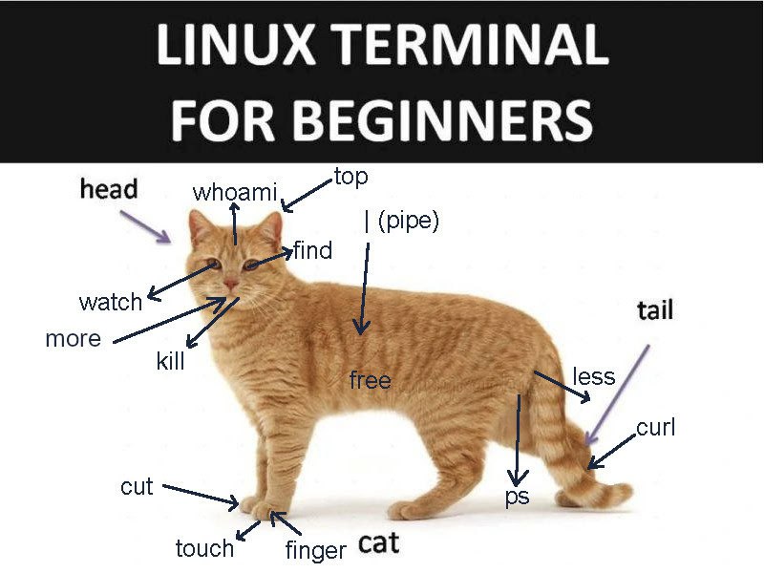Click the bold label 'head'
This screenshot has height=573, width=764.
click(109, 189)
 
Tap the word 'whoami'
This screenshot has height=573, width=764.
click(235, 193)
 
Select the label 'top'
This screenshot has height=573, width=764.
click(350, 177)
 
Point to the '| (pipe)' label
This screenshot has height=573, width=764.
click(401, 221)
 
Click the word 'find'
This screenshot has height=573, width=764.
click(313, 250)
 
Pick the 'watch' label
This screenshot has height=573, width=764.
click(111, 302)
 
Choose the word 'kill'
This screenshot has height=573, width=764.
click(171, 361)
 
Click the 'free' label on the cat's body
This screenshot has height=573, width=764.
click(371, 380)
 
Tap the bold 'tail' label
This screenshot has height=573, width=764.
click(655, 309)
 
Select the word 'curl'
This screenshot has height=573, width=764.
click(656, 427)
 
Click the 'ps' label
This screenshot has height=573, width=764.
click(517, 497)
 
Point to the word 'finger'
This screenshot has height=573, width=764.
click(316, 550)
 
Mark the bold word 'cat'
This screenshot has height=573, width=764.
click(378, 542)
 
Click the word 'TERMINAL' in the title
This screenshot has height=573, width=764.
click(472, 44)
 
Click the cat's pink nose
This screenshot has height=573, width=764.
click(231, 284)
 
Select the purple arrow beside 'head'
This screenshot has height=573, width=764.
click(146, 226)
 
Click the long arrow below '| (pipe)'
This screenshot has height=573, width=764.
click(364, 288)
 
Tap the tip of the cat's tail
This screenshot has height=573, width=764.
click(629, 491)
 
